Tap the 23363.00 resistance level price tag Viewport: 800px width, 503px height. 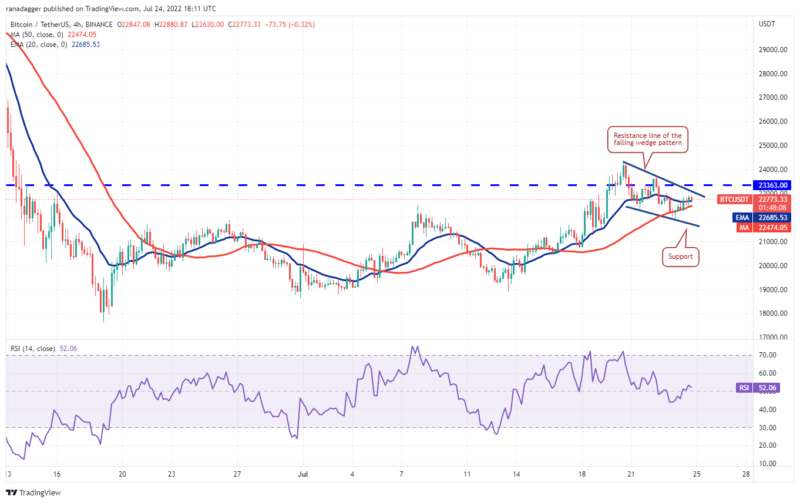point(775,185)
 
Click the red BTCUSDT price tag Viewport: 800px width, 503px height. point(735,200)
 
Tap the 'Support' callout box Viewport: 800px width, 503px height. point(681,256)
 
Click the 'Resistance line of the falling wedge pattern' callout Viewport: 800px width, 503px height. point(647,139)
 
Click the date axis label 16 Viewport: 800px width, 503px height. point(56,473)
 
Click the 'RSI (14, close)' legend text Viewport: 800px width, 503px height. point(32,349)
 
